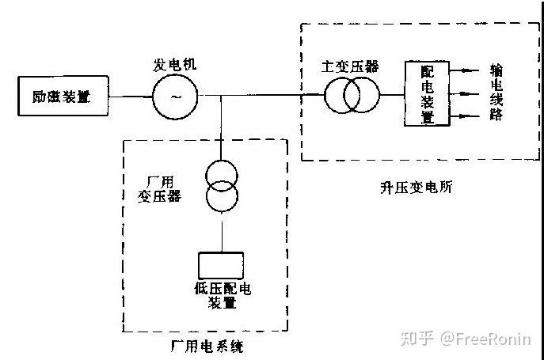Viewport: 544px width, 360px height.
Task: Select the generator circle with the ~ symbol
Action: tap(172, 97)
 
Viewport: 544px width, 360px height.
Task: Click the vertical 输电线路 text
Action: tap(496, 93)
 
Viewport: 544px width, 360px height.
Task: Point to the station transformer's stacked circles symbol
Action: tap(223, 186)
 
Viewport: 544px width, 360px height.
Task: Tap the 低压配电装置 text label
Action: tap(223, 295)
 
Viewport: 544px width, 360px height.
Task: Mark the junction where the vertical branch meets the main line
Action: tap(223, 97)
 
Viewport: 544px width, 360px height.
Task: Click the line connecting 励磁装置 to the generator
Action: tap(129, 97)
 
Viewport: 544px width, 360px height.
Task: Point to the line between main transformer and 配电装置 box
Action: tap(392, 97)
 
